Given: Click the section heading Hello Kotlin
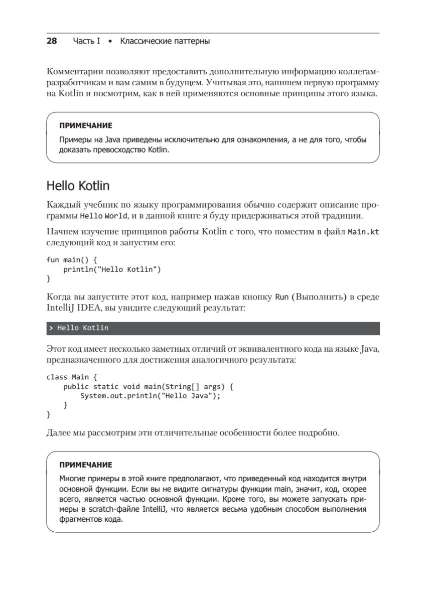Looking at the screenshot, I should coord(78,186).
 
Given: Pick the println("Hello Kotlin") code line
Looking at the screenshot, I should coord(111,269).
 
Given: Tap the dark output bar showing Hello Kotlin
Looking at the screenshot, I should coord(213,328).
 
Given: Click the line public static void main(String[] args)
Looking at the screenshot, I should coord(149,387).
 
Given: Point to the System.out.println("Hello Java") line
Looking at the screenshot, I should coord(151,396).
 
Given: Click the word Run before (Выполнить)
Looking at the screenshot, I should coord(281,297).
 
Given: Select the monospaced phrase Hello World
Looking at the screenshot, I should coord(100,217).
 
